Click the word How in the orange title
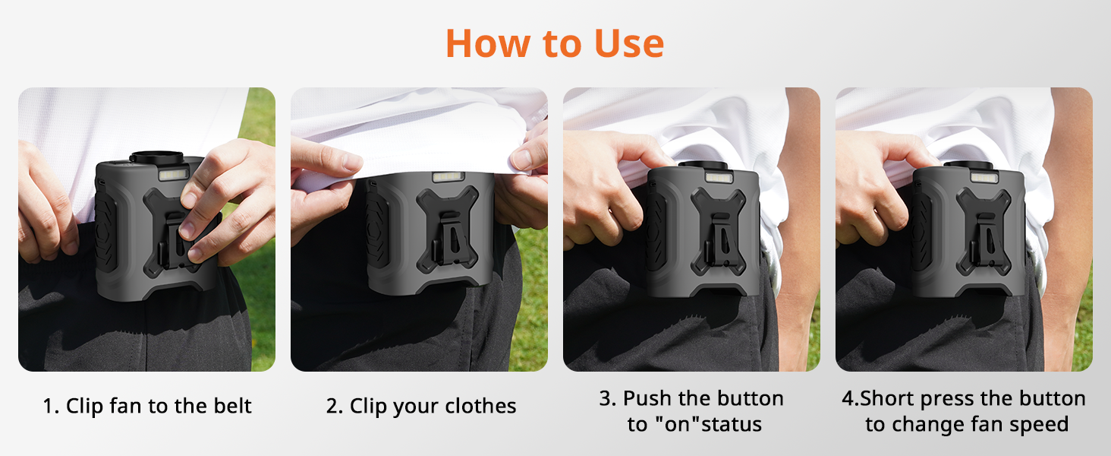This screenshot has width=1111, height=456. point(488,44)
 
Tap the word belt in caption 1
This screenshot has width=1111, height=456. point(233,405)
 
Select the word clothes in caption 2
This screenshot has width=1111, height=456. point(480,406)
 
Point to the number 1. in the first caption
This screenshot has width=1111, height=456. point(51,406)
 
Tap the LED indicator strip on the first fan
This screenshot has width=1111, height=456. point(174,174)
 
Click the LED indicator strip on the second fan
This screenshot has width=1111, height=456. point(448,177)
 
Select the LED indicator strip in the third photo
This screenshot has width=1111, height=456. point(719,177)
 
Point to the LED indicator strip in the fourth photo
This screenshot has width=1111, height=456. point(984,177)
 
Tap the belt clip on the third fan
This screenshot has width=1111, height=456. point(720,240)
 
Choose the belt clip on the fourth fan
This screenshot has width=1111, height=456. point(985,240)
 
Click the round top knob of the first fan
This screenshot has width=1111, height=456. point(157,157)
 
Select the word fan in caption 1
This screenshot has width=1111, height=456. point(126,405)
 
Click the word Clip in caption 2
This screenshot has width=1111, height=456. point(368,407)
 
